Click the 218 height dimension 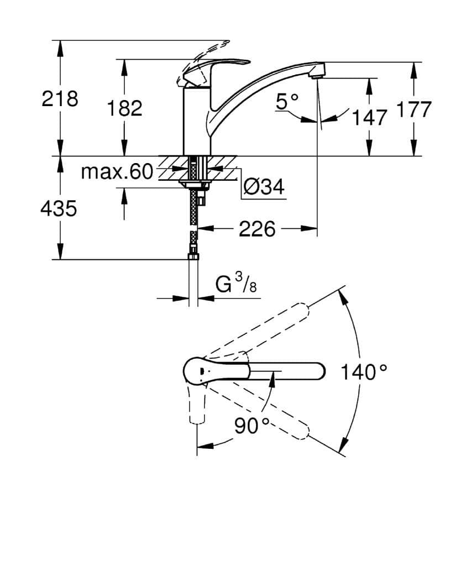[60, 99]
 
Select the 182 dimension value [125, 108]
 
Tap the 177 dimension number [413, 109]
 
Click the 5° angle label [287, 101]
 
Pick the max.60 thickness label [117, 172]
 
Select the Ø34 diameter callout [264, 187]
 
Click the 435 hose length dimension [59, 208]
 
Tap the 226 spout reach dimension [256, 228]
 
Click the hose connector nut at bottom [193, 255]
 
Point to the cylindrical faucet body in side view [197, 122]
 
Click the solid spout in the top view [287, 370]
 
